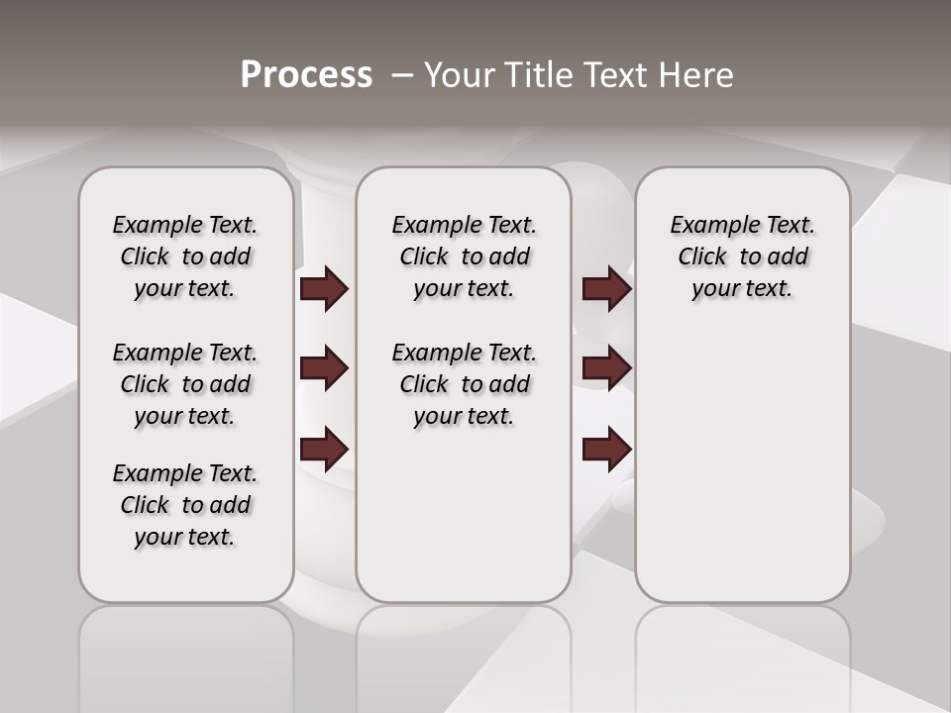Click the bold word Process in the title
pos(306,75)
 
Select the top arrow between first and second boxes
pos(324,289)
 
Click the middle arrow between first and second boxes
pos(324,369)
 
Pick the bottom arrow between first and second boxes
pos(324,450)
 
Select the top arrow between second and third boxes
pos(606,289)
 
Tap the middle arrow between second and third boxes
pos(606,369)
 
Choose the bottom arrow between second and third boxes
pos(606,450)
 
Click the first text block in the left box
pos(185,256)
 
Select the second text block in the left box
pos(185,384)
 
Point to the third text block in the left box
pos(185,505)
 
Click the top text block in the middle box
pos(464,256)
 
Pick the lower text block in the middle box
pos(464,384)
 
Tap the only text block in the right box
pos(742,256)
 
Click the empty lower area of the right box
pos(742,465)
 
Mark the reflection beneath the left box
pos(185,654)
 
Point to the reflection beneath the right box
pos(742,654)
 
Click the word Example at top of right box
pos(706,226)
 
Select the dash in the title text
pos(401,75)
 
